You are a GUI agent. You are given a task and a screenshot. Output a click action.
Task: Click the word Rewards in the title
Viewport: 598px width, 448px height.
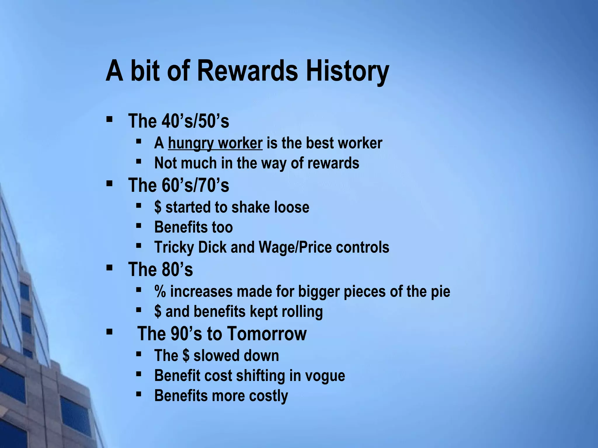[x=248, y=71]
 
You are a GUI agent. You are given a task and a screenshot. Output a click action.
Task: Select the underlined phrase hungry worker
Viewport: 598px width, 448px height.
[x=215, y=143]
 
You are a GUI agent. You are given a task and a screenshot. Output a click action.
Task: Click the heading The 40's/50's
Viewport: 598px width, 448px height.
[x=178, y=121]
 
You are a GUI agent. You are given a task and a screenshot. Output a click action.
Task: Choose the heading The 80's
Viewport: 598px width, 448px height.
[x=160, y=269]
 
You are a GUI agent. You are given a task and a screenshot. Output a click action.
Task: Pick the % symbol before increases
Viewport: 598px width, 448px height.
[x=160, y=292]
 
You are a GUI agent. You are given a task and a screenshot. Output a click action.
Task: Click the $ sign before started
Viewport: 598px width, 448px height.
[x=158, y=207]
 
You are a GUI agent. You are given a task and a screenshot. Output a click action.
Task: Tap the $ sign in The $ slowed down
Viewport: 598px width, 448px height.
[x=186, y=356]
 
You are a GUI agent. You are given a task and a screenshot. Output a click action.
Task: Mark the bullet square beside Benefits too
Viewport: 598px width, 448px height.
[x=139, y=226]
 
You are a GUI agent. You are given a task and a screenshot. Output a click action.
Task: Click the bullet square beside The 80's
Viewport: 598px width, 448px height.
[x=109, y=267]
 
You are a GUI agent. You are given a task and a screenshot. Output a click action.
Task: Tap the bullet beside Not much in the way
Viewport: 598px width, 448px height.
[x=139, y=161]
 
